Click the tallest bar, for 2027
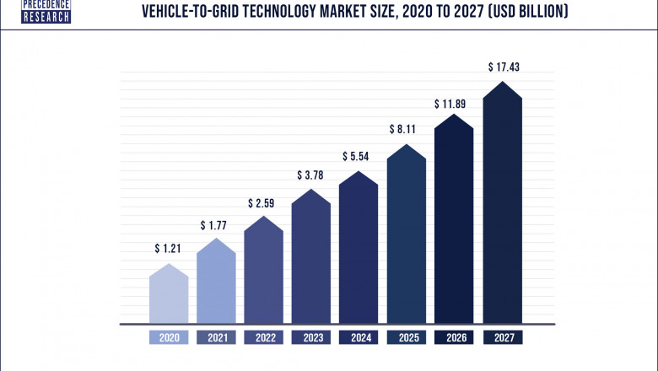(502, 207)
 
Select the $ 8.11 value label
(407, 130)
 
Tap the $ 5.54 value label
(359, 157)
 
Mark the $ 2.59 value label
(263, 203)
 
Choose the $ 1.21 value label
(169, 249)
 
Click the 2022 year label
(263, 337)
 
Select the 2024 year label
(359, 337)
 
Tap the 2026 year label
(454, 337)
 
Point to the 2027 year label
(502, 337)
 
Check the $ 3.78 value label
(311, 175)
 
